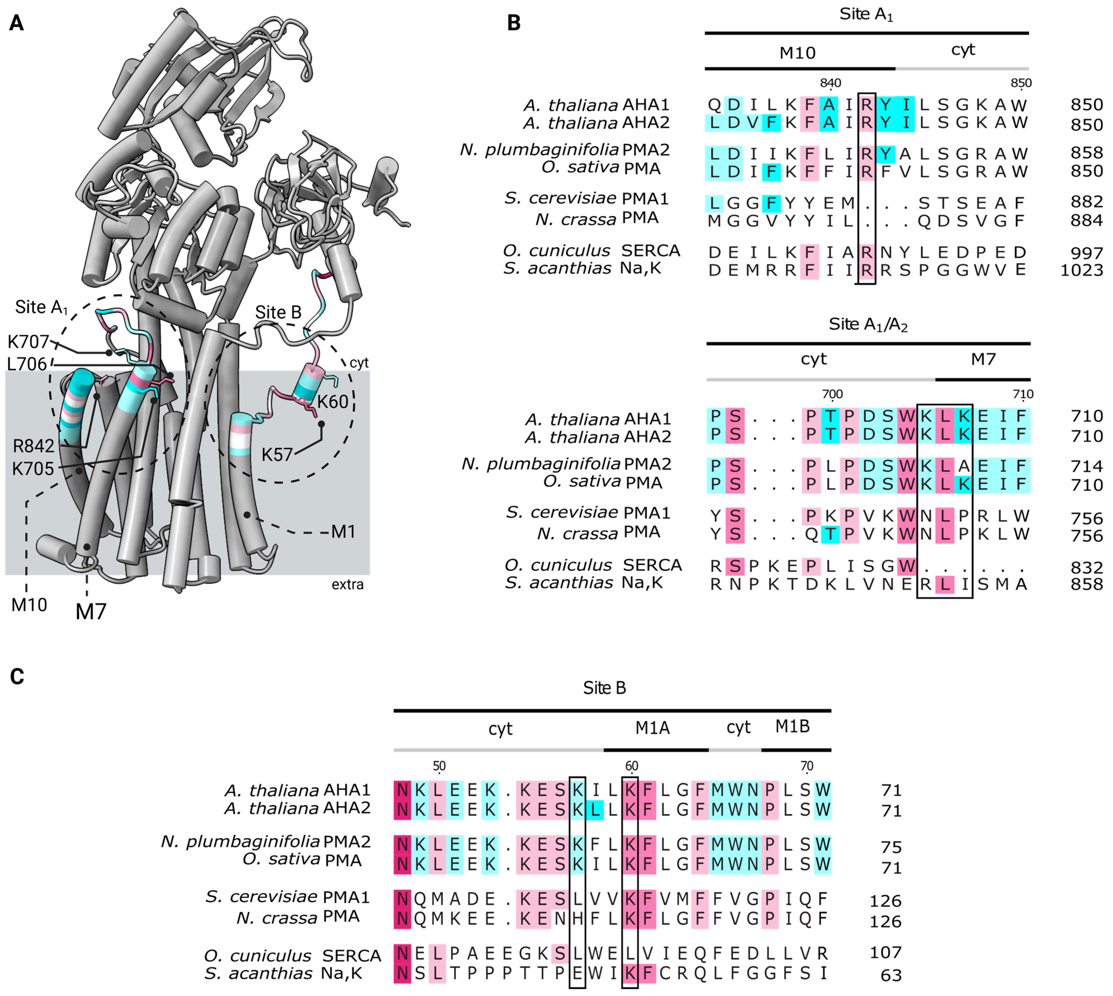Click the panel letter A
click(16, 23)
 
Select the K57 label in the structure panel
click(277, 454)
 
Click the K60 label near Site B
click(332, 402)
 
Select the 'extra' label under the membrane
click(347, 584)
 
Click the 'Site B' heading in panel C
click(604, 687)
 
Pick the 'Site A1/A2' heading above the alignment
click(868, 325)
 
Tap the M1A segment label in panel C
click(652, 728)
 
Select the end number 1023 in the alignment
click(1081, 270)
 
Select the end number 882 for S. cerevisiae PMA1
click(1086, 202)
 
